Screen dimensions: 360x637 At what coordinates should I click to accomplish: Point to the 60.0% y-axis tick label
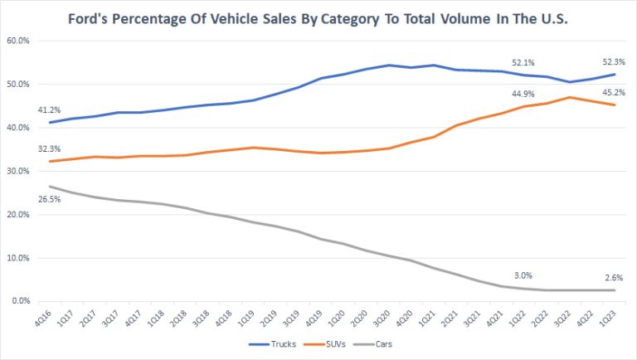(x=19, y=41)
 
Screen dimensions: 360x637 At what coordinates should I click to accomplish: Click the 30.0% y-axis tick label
(x=19, y=171)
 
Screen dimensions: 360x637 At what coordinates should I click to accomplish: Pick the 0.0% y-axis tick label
(x=22, y=301)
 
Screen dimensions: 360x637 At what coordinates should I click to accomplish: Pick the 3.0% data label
(x=525, y=275)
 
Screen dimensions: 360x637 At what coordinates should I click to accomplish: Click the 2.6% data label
(x=615, y=278)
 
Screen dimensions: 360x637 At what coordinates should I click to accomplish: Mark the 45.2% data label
(x=613, y=92)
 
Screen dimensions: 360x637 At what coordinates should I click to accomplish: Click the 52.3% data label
(x=613, y=61)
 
